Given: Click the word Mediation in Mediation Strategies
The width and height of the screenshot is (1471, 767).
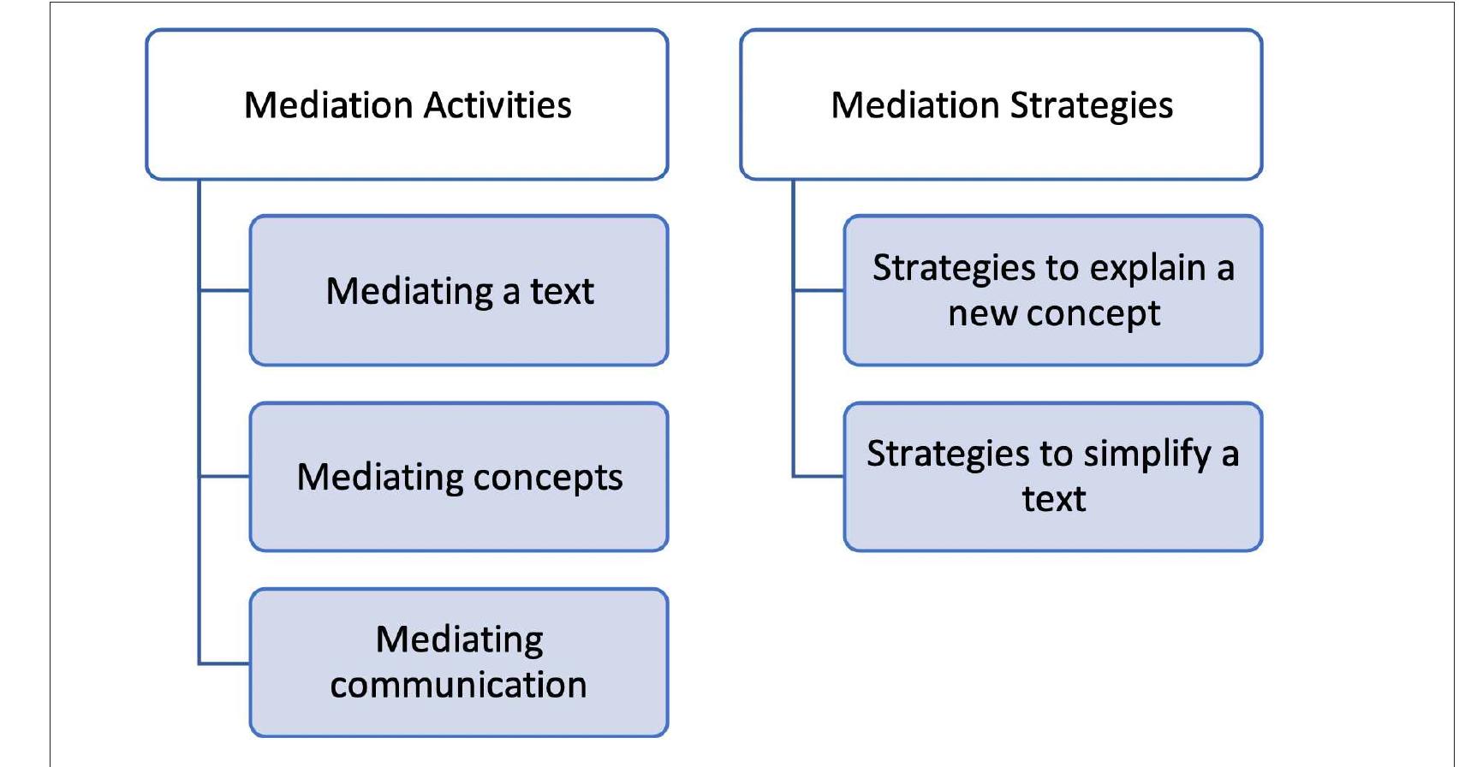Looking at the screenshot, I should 914,105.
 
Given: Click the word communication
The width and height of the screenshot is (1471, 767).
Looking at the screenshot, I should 458,685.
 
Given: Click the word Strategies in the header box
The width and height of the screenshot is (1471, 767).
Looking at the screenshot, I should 1092,105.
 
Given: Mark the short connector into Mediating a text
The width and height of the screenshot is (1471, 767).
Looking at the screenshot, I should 224,290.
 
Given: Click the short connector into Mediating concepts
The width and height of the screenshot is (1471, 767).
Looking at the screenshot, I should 224,476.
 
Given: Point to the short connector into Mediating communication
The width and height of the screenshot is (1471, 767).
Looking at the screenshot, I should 224,663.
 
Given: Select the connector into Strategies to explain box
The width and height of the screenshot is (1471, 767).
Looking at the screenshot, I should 819,290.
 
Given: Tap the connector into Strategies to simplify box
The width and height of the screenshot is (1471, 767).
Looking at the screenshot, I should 819,476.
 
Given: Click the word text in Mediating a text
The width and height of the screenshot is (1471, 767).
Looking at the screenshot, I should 562,292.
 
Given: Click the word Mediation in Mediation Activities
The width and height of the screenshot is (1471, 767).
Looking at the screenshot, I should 328,105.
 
